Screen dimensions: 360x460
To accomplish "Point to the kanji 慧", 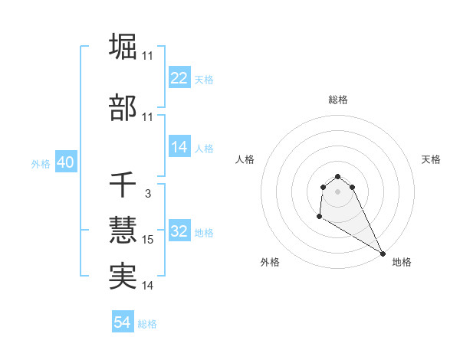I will click(123, 231).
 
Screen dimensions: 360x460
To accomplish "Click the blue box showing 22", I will click(179, 79).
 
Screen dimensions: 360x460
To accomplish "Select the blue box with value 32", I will click(179, 232).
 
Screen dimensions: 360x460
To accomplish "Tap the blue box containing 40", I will click(65, 163).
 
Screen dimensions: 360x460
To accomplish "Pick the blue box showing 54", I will click(123, 323).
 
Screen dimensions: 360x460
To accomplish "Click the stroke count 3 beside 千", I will click(147, 195).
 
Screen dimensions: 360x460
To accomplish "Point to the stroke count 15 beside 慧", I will click(148, 240).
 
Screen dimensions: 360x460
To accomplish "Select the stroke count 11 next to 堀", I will click(148, 55).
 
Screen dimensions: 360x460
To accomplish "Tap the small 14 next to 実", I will click(148, 286).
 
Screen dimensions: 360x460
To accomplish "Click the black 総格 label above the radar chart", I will click(338, 100).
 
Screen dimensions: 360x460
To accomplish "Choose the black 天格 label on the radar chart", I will click(431, 159).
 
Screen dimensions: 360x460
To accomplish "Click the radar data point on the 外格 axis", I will click(319, 218).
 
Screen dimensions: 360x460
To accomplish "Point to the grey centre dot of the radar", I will click(338, 191).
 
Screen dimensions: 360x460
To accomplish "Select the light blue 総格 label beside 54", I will click(147, 324).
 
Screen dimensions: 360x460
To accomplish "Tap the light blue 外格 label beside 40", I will click(41, 164).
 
